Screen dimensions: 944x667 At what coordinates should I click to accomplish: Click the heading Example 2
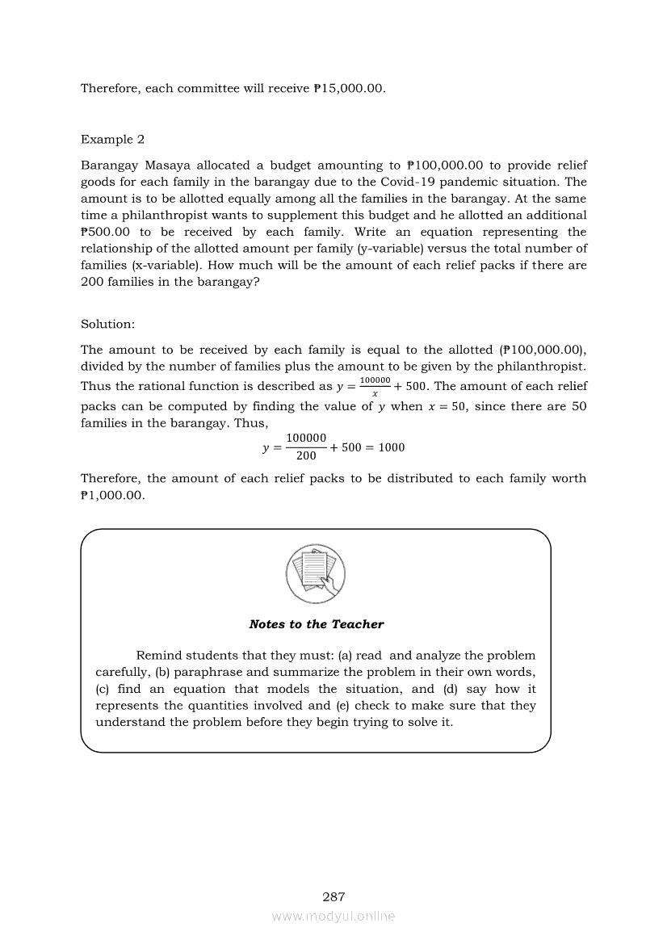[x=112, y=140]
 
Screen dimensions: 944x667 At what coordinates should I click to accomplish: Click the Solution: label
[x=107, y=324]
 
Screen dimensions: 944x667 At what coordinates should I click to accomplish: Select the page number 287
[x=333, y=896]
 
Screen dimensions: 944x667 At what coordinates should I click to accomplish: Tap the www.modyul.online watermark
[x=333, y=916]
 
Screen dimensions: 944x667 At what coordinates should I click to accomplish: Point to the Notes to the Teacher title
[x=317, y=624]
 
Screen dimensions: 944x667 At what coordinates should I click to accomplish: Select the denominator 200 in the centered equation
[x=306, y=456]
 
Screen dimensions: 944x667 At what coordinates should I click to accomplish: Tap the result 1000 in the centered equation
[x=392, y=447]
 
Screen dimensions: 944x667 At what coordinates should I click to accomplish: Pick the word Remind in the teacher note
[x=159, y=656]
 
